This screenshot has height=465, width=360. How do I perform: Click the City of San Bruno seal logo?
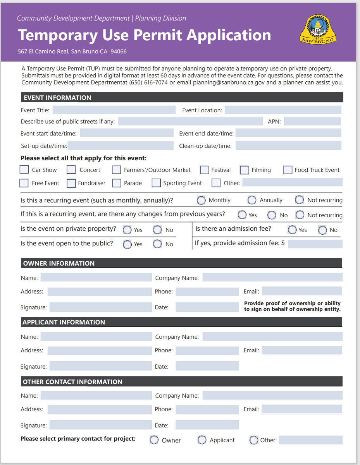click(x=318, y=29)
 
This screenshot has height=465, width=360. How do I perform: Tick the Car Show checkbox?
click(x=24, y=170)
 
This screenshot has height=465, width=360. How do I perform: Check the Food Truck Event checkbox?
click(x=288, y=170)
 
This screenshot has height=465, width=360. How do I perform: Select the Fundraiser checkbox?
click(x=71, y=183)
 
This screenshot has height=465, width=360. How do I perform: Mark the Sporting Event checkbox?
click(x=156, y=183)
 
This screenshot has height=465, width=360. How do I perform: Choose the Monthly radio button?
click(x=201, y=200)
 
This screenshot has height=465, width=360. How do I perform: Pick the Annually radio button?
click(x=252, y=200)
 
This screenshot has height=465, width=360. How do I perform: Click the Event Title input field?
click(x=114, y=110)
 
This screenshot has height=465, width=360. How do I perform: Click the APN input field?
click(x=312, y=122)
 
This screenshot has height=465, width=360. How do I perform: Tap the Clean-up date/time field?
click(x=288, y=146)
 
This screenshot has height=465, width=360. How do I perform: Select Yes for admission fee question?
click(x=292, y=230)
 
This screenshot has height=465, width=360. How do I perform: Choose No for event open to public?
click(x=157, y=244)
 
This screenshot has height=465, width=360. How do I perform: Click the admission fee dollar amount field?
click(x=315, y=244)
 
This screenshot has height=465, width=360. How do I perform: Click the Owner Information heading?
click(x=59, y=263)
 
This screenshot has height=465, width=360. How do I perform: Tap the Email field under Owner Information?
click(x=302, y=291)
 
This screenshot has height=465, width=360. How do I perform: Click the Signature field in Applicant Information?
click(x=100, y=366)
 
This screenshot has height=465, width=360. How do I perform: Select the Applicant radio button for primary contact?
click(x=202, y=440)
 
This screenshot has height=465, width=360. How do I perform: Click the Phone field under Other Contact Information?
click(x=207, y=409)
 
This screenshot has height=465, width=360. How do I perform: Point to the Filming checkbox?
click(x=245, y=170)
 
